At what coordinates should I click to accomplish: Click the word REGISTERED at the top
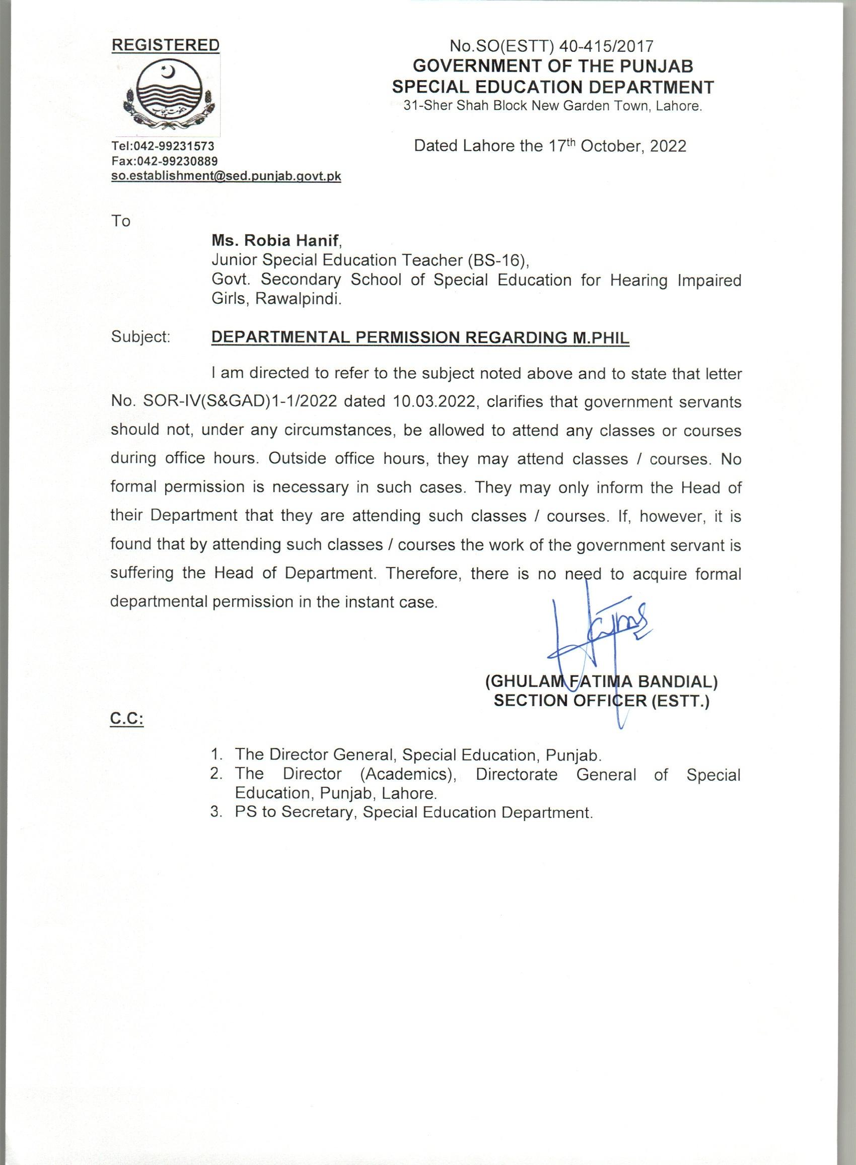click(165, 46)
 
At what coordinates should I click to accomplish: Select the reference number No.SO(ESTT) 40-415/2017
click(551, 47)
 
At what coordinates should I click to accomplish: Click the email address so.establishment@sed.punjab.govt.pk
click(227, 176)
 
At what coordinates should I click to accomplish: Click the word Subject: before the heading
click(141, 337)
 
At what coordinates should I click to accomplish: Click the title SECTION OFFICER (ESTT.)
click(601, 701)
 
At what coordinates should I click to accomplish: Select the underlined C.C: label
click(127, 720)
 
